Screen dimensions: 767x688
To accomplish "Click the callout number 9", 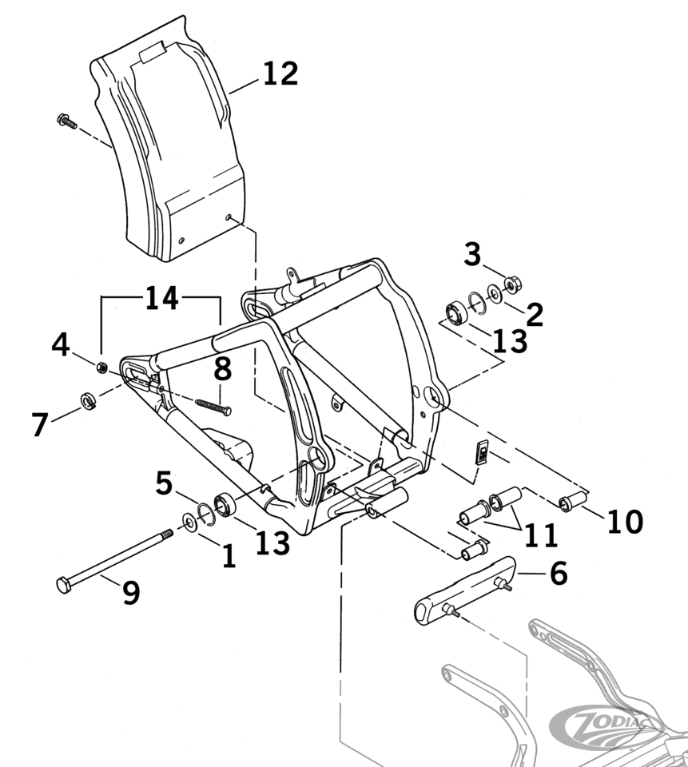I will (x=131, y=592).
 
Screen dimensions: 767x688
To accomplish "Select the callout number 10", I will (x=624, y=522).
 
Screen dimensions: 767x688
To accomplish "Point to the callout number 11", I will (x=541, y=535).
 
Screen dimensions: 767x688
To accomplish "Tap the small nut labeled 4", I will (x=102, y=368).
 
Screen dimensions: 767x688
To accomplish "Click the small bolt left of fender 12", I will (x=66, y=122).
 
